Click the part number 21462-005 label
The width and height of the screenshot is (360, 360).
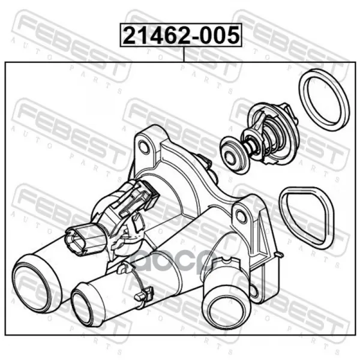(x=181, y=35)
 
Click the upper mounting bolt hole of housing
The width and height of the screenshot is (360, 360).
(x=144, y=148)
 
